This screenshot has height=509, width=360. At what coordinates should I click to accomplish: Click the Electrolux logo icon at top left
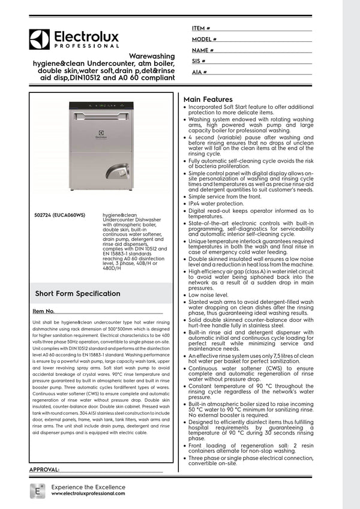tap(39, 39)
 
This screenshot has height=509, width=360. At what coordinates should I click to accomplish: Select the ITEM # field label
tap(201, 28)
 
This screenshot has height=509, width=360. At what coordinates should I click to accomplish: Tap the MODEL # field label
tap(204, 39)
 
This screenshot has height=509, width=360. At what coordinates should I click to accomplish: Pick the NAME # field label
tap(203, 50)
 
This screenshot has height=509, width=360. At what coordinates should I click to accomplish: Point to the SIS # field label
tap(199, 61)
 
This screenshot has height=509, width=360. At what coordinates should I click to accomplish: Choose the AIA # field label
tap(199, 72)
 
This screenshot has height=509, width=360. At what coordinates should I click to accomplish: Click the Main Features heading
tap(208, 100)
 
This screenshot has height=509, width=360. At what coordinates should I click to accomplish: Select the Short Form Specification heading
tap(77, 293)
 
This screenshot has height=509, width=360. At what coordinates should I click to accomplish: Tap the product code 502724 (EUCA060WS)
tap(61, 214)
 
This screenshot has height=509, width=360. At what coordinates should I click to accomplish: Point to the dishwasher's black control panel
tap(100, 106)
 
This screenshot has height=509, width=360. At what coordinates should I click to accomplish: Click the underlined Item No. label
tap(43, 312)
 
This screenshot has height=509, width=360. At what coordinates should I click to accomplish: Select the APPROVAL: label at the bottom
tap(44, 469)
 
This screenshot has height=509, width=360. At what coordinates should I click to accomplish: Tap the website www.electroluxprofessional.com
tap(88, 493)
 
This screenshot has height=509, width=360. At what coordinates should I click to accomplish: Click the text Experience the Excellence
tap(88, 486)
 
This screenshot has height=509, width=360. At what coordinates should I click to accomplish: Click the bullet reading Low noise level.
tap(208, 295)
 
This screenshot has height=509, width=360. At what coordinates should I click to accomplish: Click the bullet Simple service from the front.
tap(224, 197)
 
